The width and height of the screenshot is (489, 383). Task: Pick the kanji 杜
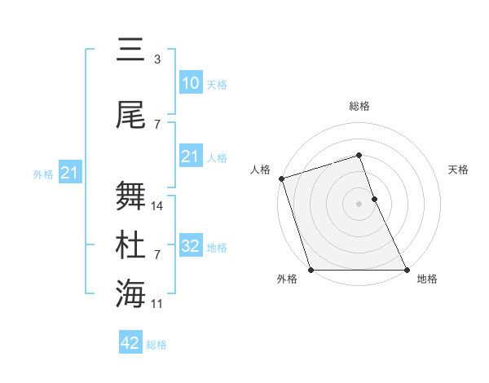coord(130,245)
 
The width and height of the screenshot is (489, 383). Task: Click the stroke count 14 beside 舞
coord(157,206)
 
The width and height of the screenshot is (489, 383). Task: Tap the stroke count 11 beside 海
coord(157,304)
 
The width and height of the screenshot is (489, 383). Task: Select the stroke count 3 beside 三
coord(156,59)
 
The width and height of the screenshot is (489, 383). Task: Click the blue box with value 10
coord(190,82)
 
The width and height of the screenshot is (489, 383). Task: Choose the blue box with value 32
coord(190,245)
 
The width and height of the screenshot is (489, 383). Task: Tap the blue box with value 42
coord(130,343)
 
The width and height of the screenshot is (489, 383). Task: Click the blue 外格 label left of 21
coord(42,174)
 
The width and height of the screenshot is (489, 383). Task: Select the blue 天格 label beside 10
coord(217,85)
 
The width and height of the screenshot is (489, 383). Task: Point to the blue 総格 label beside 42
coord(156,346)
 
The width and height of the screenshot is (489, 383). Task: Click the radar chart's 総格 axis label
coord(359,106)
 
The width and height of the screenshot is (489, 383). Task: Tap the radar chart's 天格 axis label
coord(459,169)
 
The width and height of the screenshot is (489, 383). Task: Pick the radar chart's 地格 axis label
coord(427,280)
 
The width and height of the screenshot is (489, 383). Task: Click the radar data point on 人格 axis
coord(281,178)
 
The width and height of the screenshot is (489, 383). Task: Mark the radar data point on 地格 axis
coord(407,270)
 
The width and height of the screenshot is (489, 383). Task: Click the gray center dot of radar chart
coord(359,204)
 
